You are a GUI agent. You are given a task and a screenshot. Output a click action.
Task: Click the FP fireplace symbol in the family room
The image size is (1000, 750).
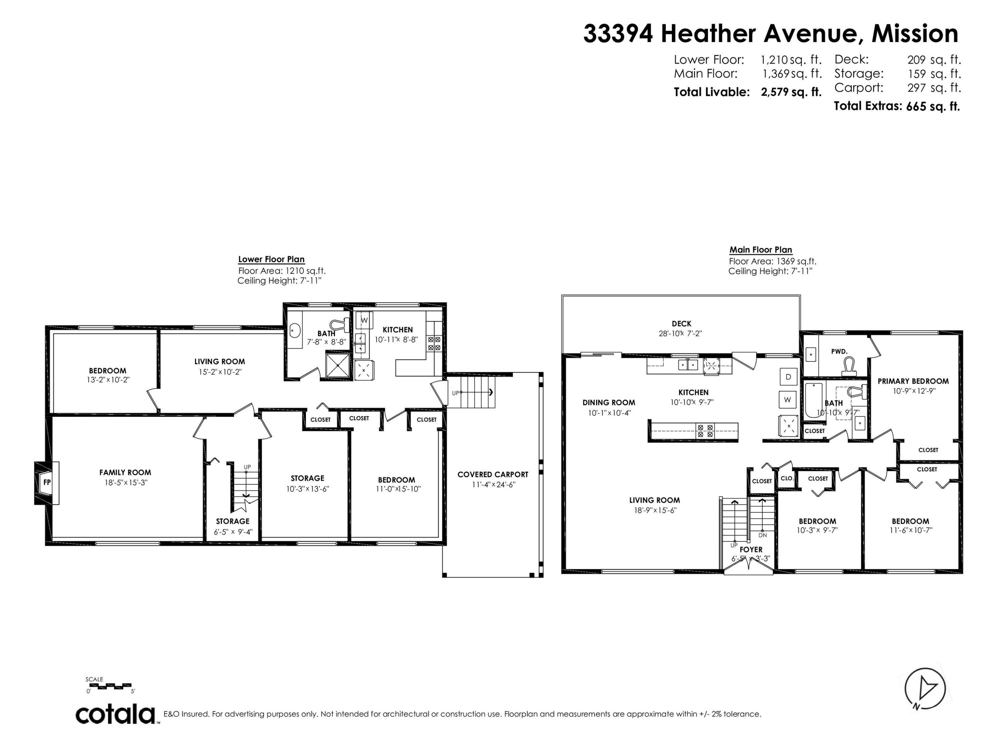pyautogui.click(x=47, y=482)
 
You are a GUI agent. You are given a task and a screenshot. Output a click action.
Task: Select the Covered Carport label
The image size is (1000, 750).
pyautogui.click(x=492, y=474)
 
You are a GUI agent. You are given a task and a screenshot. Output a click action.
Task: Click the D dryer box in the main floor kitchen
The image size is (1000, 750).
pyautogui.click(x=788, y=377)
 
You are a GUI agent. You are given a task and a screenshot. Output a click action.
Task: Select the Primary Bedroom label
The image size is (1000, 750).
pyautogui.click(x=913, y=381)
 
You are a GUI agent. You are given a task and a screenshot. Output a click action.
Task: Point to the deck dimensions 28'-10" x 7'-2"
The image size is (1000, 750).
pyautogui.click(x=680, y=334)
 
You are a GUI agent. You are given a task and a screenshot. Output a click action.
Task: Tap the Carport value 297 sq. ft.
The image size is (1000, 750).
pyautogui.click(x=934, y=88)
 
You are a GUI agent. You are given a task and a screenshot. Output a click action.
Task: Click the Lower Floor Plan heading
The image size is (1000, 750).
pyautogui.click(x=271, y=259)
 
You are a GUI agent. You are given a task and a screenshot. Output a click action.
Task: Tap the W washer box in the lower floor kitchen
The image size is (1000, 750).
pyautogui.click(x=364, y=320)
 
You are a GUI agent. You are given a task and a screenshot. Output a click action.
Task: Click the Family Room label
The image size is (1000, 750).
pyautogui.click(x=125, y=472)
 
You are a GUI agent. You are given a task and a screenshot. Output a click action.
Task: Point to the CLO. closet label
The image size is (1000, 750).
pyautogui.click(x=787, y=478)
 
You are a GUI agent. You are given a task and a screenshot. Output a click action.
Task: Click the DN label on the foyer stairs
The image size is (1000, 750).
pyautogui.click(x=763, y=535)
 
